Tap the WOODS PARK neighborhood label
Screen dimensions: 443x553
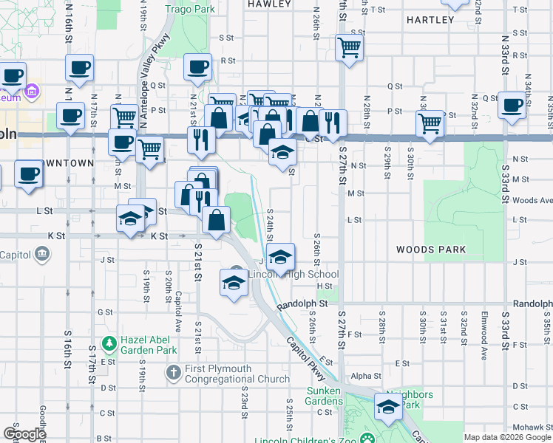click(x=430, y=250)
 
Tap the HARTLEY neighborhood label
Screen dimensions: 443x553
click(x=430, y=20)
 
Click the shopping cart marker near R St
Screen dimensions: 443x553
click(x=348, y=48)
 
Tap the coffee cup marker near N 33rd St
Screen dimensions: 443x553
click(x=512, y=104)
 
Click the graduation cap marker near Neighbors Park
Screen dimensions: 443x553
click(x=388, y=406)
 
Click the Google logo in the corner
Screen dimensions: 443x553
click(x=24, y=434)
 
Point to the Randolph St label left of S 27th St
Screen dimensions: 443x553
click(x=302, y=303)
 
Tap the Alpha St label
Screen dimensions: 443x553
click(x=365, y=376)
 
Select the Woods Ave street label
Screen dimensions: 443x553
click(x=532, y=200)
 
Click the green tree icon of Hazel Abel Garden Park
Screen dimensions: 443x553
click(x=109, y=343)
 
